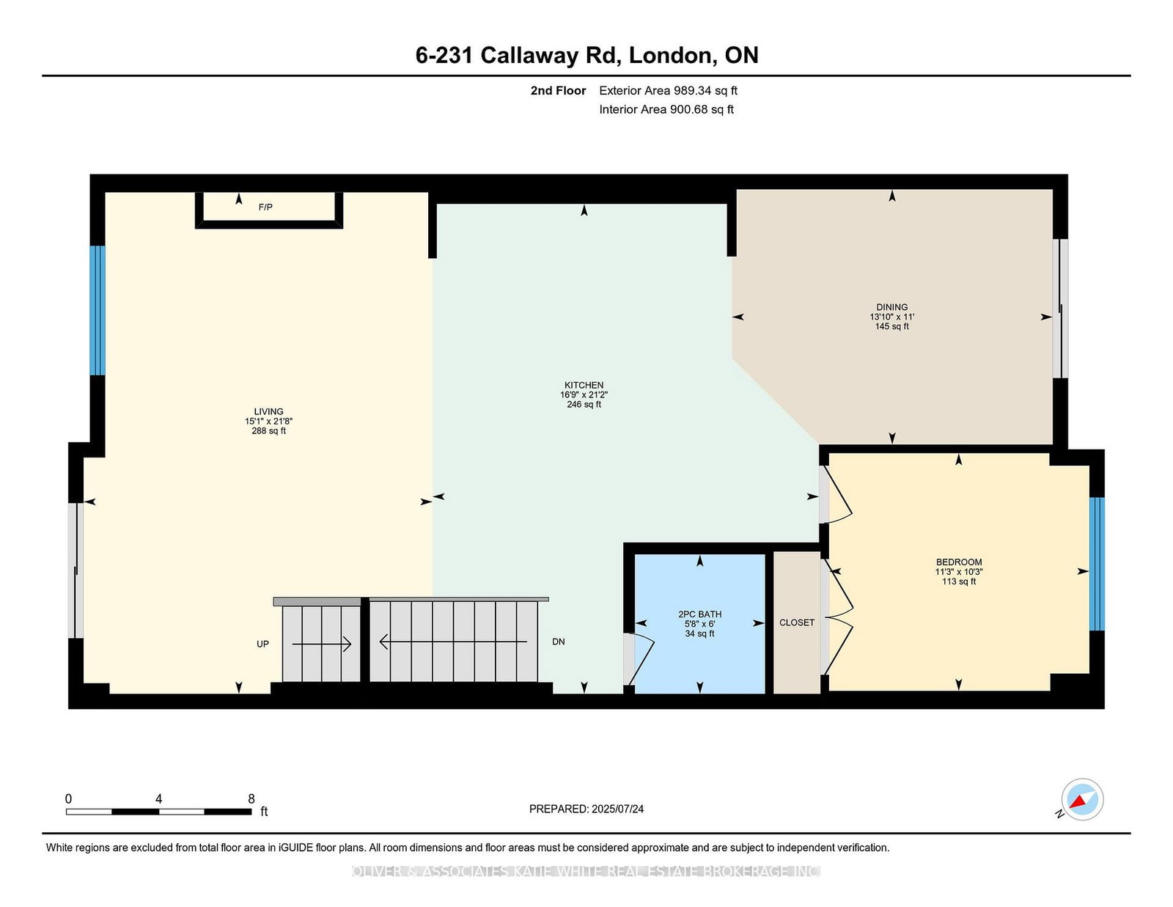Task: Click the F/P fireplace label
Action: (265, 208)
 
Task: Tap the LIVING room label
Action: (268, 411)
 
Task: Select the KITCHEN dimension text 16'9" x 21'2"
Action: (584, 394)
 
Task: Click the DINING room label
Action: (891, 307)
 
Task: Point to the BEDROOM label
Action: (958, 562)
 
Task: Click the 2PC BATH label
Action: (699, 614)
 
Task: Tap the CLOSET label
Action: (796, 623)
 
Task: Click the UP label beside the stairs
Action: (262, 644)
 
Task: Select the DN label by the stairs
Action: (558, 642)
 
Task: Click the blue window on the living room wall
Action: (98, 310)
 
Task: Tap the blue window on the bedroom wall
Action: (1096, 564)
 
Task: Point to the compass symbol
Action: (1082, 799)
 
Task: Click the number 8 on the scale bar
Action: (251, 799)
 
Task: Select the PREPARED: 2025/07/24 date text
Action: (586, 809)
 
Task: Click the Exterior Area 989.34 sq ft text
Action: (668, 91)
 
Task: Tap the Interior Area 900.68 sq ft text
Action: (666, 109)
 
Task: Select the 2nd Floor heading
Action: (558, 91)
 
